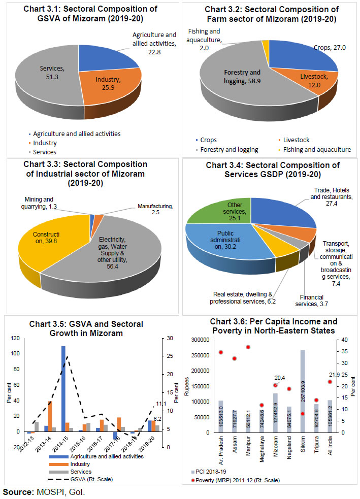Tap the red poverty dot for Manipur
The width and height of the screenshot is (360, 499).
[x=248, y=347]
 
